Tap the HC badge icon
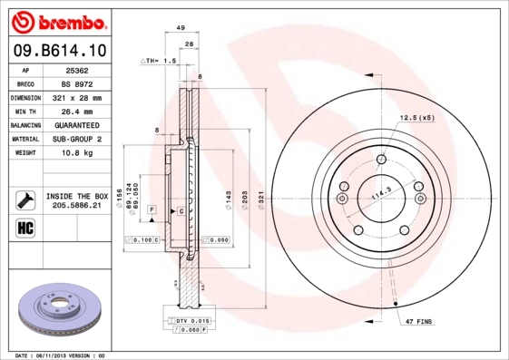pos(24,227)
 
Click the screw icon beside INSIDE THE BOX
pos(24,199)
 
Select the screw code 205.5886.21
pos(77,206)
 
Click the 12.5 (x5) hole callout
pos(417,118)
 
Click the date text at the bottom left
pos(61,355)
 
